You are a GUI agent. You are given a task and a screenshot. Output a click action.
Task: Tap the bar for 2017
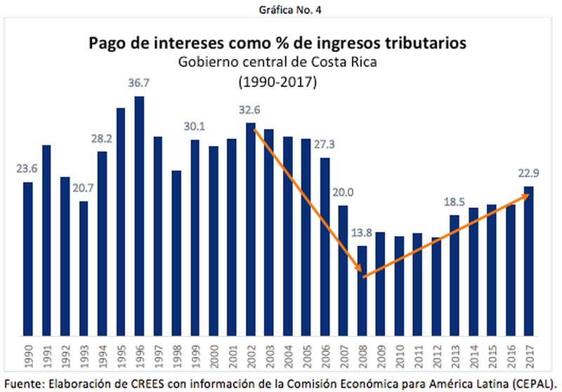click(528, 260)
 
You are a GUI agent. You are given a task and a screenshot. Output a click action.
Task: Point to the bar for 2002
click(250, 228)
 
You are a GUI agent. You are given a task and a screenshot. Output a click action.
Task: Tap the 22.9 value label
click(528, 174)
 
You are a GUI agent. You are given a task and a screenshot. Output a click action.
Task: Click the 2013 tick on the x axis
click(455, 354)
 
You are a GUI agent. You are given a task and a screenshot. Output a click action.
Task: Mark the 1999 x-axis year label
click(195, 354)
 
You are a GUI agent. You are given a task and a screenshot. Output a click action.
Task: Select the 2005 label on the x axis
click(306, 354)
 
